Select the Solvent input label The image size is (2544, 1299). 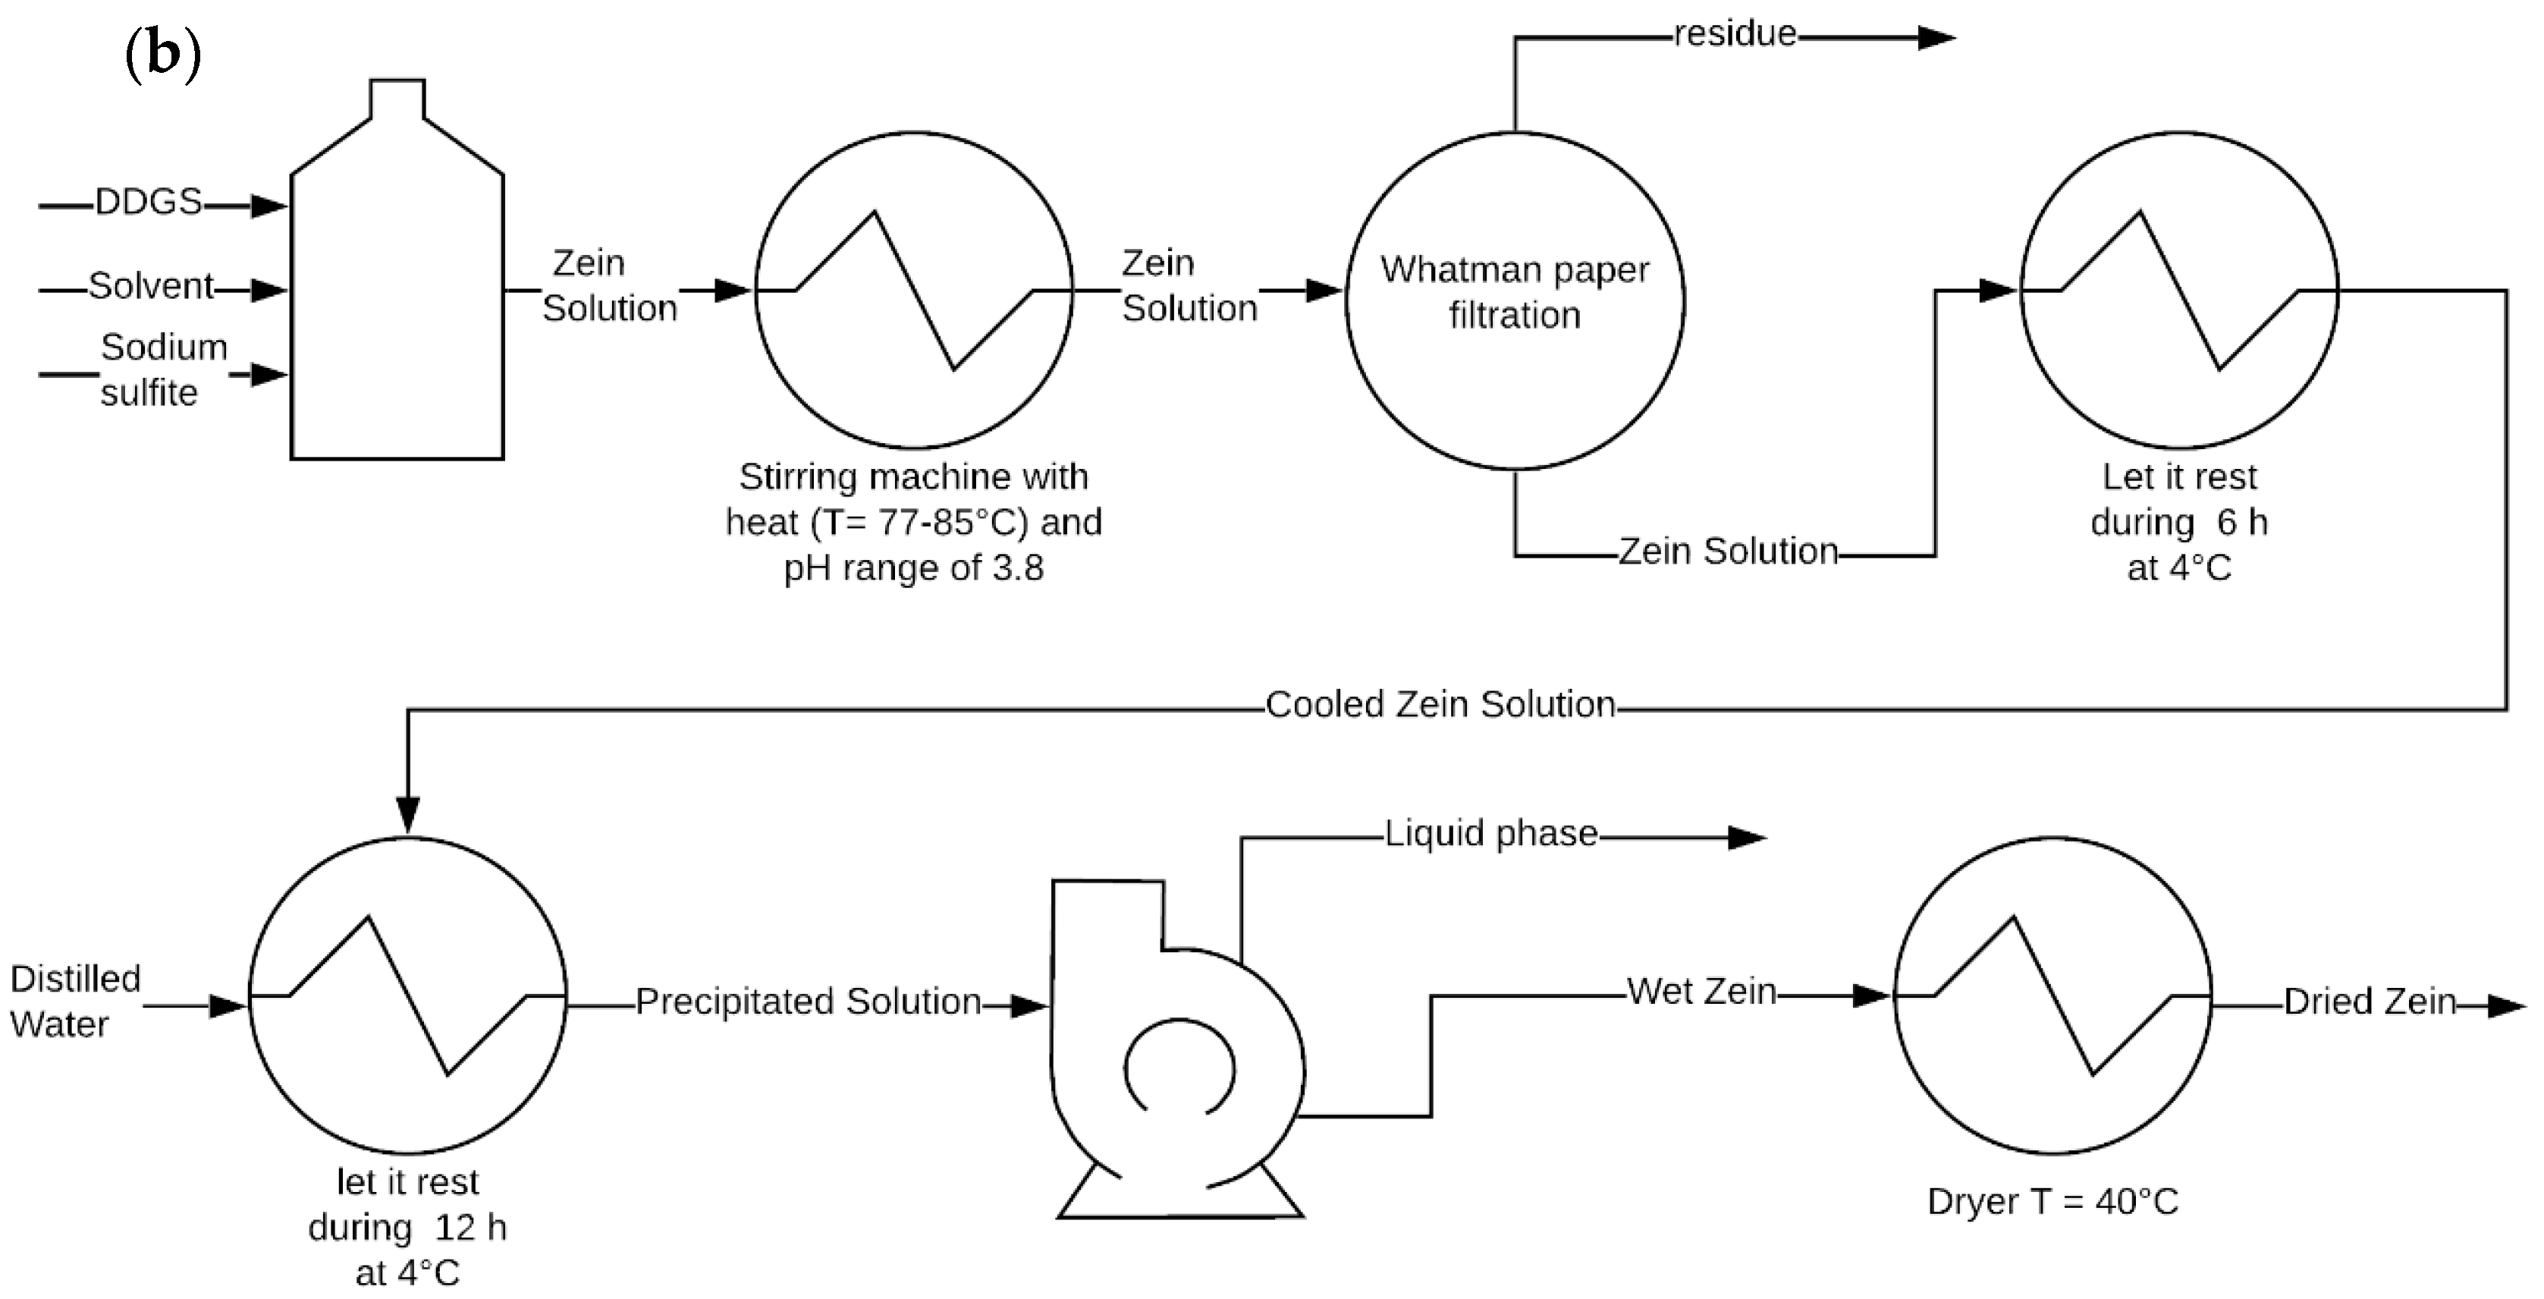pyautogui.click(x=150, y=287)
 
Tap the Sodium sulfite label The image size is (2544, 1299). pyautogui.click(x=162, y=370)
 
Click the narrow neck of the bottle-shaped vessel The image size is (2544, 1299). pyautogui.click(x=397, y=99)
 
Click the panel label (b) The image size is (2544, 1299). pyautogui.click(x=163, y=55)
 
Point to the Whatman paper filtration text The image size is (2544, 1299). pyautogui.click(x=1514, y=292)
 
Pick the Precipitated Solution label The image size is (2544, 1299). pyautogui.click(x=808, y=1002)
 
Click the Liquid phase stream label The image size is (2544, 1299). pyautogui.click(x=1490, y=834)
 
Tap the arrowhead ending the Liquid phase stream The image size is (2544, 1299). pyautogui.click(x=1745, y=838)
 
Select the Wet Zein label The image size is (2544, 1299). pyautogui.click(x=1701, y=992)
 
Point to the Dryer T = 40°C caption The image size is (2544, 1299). pyautogui.click(x=2052, y=1202)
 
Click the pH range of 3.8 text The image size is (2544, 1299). pyautogui.click(x=913, y=569)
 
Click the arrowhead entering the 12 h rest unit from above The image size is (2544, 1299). pyautogui.click(x=408, y=815)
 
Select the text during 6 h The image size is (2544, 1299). pyautogui.click(x=2178, y=523)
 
